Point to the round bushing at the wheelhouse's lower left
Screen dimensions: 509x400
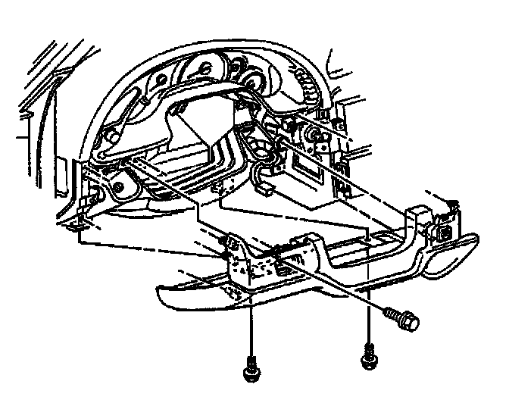pyautogui.click(x=120, y=183)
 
